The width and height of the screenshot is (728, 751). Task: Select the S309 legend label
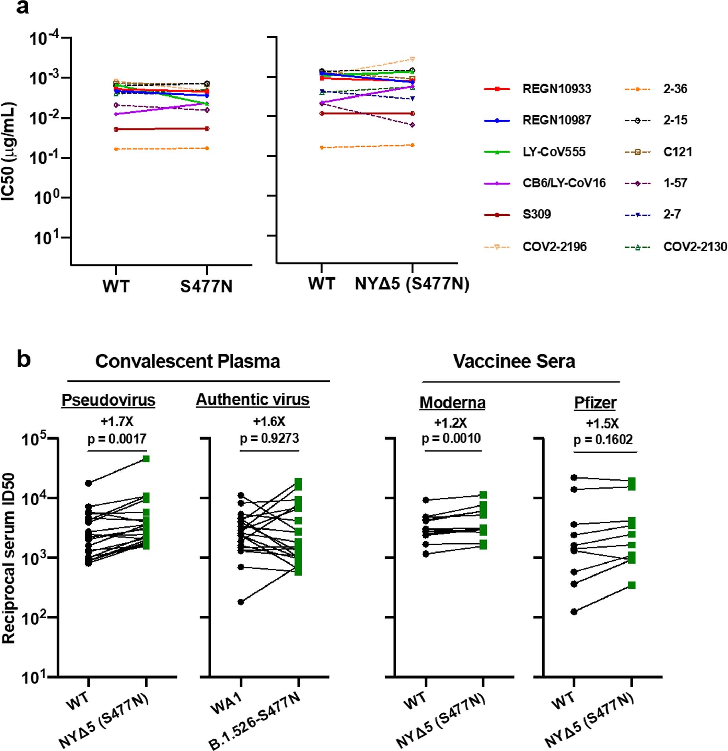click(536, 214)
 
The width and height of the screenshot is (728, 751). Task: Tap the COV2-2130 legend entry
click(695, 247)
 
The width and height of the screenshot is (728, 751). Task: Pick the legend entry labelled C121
click(678, 152)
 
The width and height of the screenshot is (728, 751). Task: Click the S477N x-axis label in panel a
click(206, 287)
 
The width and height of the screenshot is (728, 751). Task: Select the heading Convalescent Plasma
click(188, 361)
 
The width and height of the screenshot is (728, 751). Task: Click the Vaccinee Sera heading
click(514, 361)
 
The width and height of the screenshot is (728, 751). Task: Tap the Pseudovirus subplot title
click(109, 400)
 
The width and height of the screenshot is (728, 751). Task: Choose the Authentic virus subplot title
click(253, 400)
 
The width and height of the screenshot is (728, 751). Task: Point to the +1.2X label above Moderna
click(450, 423)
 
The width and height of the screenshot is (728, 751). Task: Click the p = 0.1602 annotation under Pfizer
click(603, 440)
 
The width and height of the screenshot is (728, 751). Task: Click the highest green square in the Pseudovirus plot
click(146, 459)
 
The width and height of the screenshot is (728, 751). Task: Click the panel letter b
click(24, 361)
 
